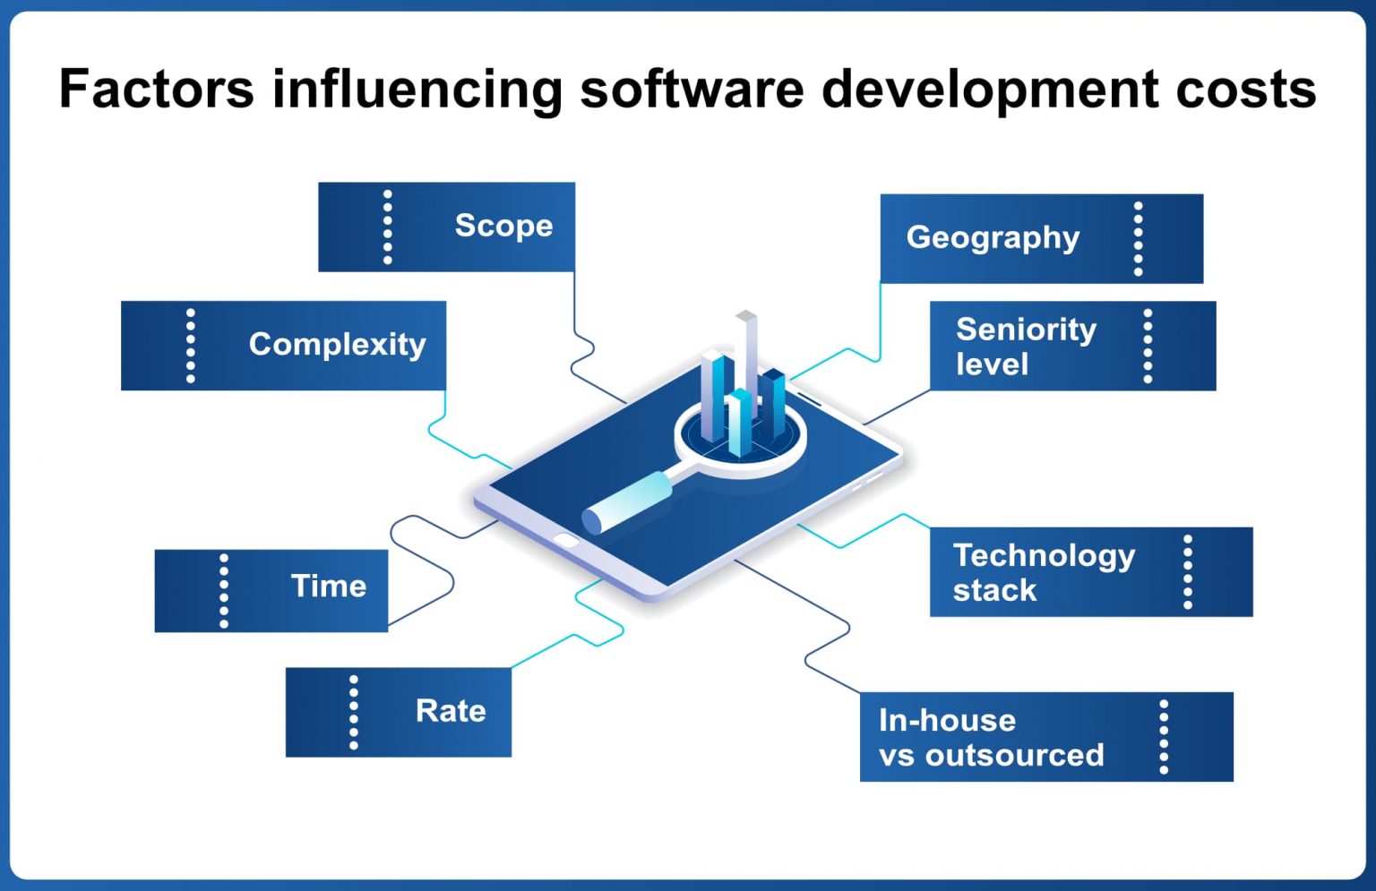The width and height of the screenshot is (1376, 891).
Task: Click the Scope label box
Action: click(446, 227)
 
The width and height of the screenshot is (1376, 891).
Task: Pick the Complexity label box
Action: click(283, 346)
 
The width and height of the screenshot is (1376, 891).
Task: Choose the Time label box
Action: click(271, 590)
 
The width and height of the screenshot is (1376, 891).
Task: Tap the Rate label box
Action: click(398, 712)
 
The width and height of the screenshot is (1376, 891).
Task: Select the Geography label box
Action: click(1041, 238)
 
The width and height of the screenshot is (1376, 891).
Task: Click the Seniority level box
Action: click(1072, 346)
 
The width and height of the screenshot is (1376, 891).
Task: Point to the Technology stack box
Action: click(1090, 572)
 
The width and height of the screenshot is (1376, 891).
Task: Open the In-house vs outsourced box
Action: click(1045, 737)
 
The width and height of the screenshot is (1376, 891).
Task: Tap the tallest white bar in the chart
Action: click(746, 358)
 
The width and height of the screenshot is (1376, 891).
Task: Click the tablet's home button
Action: click(566, 540)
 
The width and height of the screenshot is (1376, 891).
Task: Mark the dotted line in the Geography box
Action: click(1138, 238)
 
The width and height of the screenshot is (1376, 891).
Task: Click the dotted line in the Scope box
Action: click(387, 227)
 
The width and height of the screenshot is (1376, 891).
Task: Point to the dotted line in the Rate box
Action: click(353, 712)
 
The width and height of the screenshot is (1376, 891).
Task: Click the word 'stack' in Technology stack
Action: click(994, 591)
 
